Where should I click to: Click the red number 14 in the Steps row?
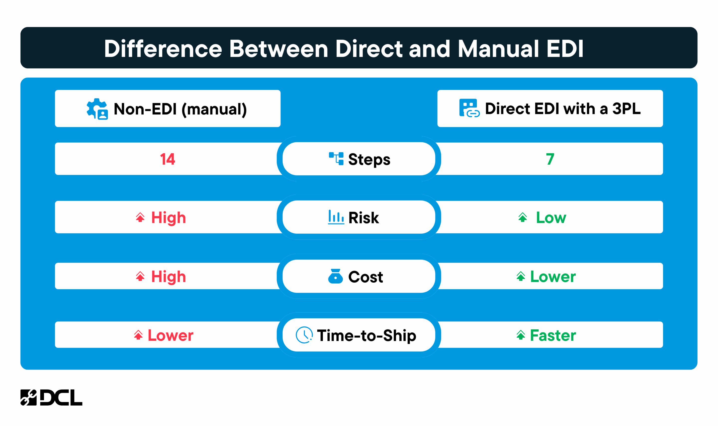click(x=167, y=159)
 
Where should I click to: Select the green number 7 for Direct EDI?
click(x=550, y=159)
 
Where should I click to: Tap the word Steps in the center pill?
click(x=369, y=160)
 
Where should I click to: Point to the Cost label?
click(x=365, y=277)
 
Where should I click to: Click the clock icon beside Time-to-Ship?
click(x=304, y=335)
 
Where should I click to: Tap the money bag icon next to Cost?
click(x=335, y=276)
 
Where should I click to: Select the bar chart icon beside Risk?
click(x=336, y=217)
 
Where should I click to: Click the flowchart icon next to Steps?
click(x=336, y=159)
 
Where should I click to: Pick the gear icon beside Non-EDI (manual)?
click(x=97, y=109)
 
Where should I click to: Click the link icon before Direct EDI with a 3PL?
click(x=469, y=108)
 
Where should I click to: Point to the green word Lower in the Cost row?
click(x=553, y=277)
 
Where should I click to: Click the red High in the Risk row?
click(x=169, y=218)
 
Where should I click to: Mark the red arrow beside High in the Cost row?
click(x=140, y=276)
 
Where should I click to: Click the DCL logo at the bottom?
click(x=51, y=398)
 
